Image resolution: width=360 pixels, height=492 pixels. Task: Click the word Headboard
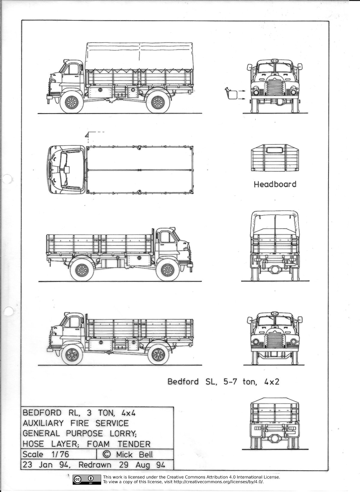click(x=275, y=184)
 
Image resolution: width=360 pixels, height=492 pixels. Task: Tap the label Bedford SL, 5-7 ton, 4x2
click(x=223, y=382)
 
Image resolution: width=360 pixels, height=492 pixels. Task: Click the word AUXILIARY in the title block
click(x=43, y=423)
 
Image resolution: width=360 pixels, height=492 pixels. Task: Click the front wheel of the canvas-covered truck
click(x=71, y=103)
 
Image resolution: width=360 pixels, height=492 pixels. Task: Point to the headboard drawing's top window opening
click(x=274, y=150)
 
